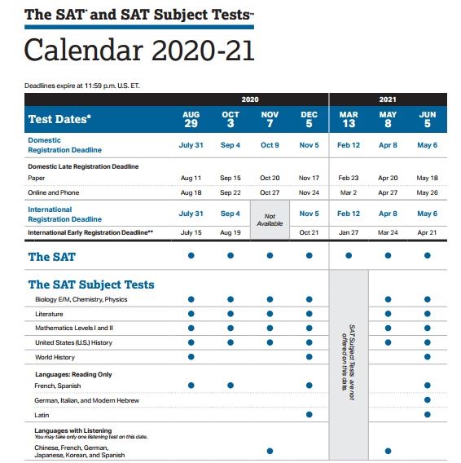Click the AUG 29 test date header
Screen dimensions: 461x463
(x=191, y=120)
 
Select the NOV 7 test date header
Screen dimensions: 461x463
(x=270, y=120)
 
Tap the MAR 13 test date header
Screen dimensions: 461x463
(x=349, y=120)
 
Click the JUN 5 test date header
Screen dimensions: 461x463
(x=428, y=120)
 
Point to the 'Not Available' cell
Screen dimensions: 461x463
(x=270, y=220)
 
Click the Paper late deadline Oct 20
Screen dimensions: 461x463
(x=270, y=177)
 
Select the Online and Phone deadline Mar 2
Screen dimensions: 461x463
(x=349, y=192)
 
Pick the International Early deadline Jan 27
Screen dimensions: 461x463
(x=349, y=232)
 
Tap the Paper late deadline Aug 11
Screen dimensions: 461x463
(x=191, y=177)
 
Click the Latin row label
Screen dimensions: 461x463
(x=43, y=415)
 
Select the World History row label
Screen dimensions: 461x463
(x=55, y=357)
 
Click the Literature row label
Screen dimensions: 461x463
(x=49, y=314)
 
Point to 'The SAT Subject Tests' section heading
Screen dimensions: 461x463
(x=91, y=284)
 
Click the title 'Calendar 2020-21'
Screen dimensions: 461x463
(x=139, y=50)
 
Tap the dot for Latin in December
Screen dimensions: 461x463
(x=310, y=415)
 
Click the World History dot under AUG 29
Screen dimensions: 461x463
(x=191, y=357)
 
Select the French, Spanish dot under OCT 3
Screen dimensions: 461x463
(x=230, y=385)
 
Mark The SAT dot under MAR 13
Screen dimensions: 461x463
(x=349, y=255)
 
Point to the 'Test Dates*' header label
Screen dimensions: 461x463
(x=59, y=120)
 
